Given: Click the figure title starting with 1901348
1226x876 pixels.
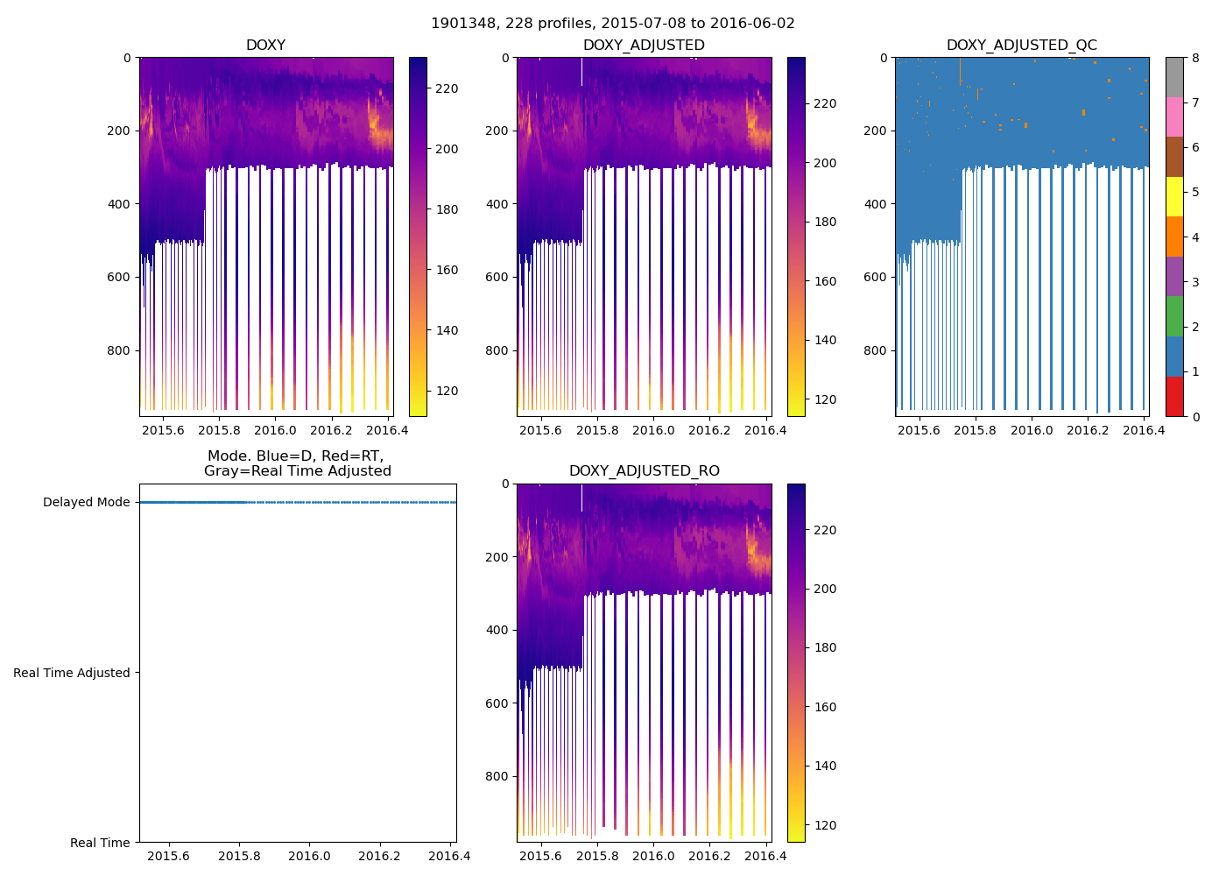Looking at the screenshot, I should pos(612,24).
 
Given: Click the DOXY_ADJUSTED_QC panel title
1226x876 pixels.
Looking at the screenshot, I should pos(1021,46).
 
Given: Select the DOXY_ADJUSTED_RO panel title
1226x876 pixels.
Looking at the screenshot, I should pos(644,471).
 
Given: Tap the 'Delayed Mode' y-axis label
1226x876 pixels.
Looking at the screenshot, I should pos(86,503).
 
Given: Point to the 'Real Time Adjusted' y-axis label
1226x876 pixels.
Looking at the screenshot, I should pos(72,673).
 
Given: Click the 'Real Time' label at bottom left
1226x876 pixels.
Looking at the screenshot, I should pos(100,843).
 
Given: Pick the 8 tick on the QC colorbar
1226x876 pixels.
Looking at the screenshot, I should pos(1194,58).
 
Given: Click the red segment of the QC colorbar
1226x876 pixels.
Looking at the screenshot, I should pos(1174,396).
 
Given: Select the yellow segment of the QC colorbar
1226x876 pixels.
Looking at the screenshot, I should pos(1174,196).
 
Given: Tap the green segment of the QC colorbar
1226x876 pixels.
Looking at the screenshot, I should pos(1174,316).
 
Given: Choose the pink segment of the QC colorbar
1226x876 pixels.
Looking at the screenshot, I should pos(1174,117).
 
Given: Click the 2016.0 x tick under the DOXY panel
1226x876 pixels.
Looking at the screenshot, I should pos(275,430).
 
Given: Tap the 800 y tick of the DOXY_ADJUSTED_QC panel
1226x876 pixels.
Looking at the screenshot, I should pos(876,350).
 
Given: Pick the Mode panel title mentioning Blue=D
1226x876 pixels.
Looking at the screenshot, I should pos(297,463).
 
